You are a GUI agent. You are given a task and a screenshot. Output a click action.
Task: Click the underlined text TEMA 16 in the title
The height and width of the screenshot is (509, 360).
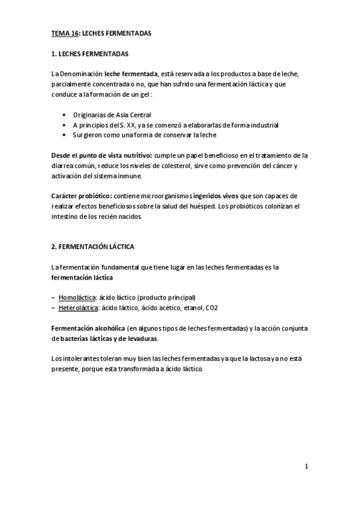65,34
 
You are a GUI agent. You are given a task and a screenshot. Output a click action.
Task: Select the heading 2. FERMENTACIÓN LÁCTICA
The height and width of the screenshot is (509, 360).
92,247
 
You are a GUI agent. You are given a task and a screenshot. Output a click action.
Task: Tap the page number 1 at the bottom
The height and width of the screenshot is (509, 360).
306,466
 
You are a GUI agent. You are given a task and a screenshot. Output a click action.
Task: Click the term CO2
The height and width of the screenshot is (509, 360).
212,308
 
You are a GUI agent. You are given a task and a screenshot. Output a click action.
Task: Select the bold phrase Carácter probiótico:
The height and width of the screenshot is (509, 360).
82,196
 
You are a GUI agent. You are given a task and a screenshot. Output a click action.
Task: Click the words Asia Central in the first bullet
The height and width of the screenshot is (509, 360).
131,114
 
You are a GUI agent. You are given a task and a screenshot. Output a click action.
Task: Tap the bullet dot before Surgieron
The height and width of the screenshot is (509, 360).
65,135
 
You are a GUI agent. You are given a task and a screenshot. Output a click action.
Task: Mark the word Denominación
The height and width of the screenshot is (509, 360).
80,73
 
